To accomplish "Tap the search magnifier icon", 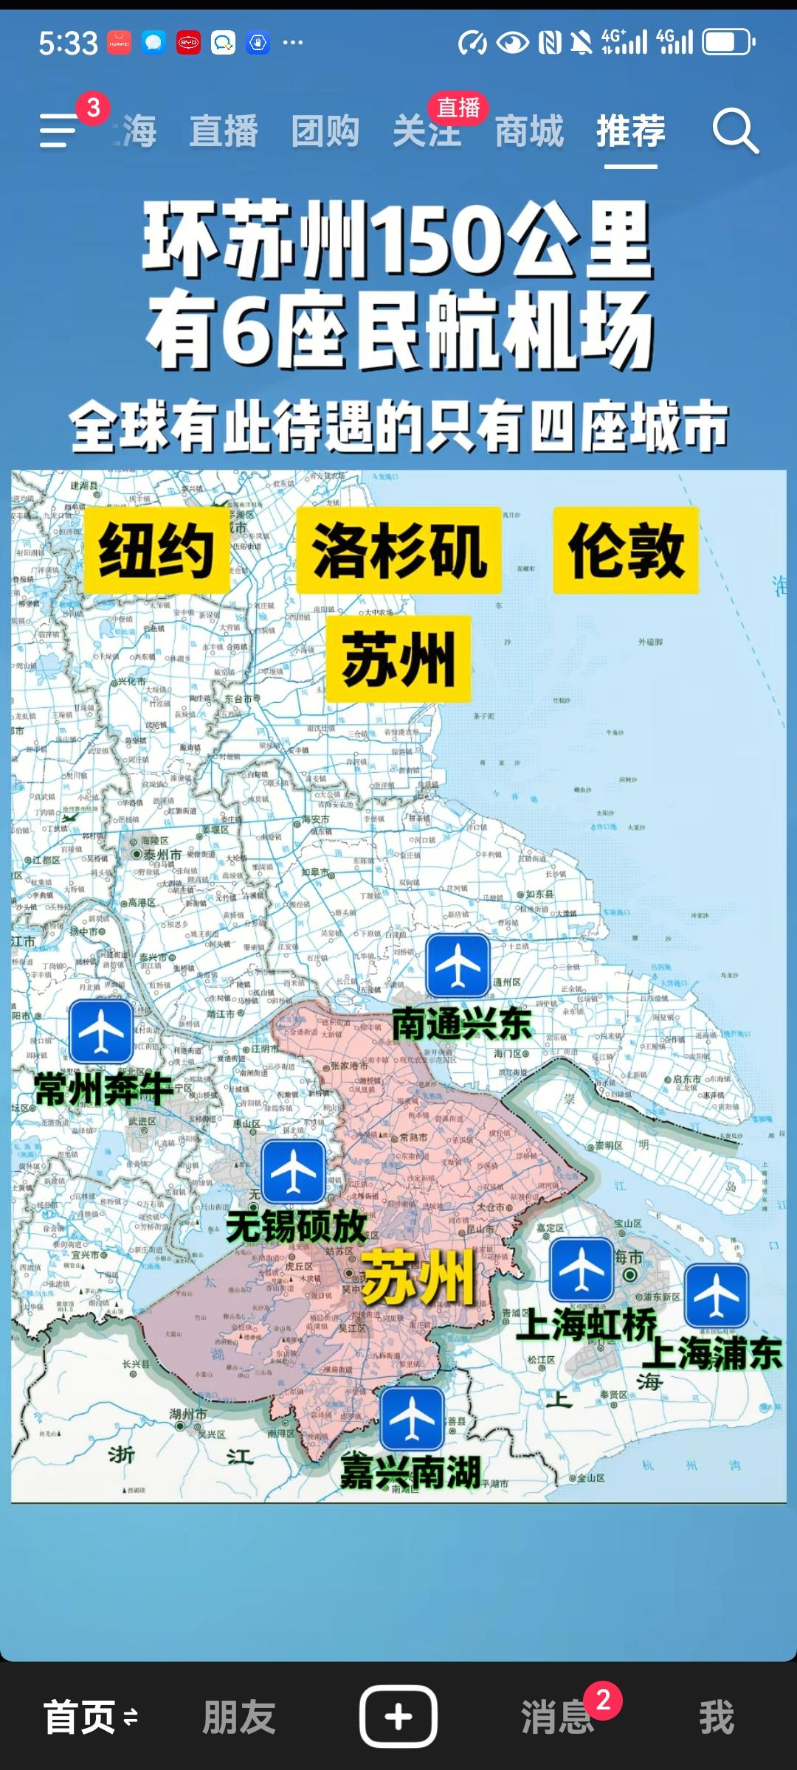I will (x=735, y=131).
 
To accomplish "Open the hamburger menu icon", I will (x=59, y=131).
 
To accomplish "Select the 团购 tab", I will (x=325, y=131).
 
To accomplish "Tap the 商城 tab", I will (x=529, y=131).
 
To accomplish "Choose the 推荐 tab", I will (x=631, y=131).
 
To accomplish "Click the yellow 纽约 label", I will (x=156, y=550).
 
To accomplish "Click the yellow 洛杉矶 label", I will (x=398, y=550).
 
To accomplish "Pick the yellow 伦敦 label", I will (x=626, y=550).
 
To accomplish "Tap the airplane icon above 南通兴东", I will (x=458, y=965).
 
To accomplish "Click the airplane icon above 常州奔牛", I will (x=101, y=1031).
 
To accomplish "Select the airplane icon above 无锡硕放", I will (x=293, y=1171).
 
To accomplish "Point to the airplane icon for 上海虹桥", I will (x=582, y=1269).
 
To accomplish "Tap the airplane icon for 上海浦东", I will (x=716, y=1295).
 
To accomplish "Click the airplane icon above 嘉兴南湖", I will (x=412, y=1418).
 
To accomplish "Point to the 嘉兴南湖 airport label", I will (x=410, y=1472).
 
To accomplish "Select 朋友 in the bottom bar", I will (x=239, y=1717).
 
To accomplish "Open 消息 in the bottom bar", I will (x=558, y=1717).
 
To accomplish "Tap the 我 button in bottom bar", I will (x=717, y=1717).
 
